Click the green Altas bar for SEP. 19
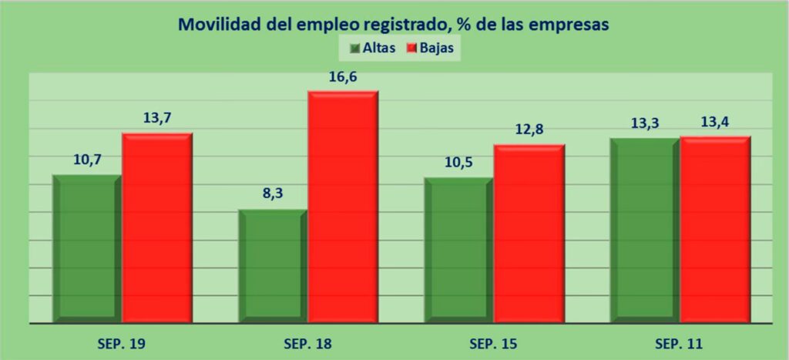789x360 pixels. (x=86, y=247)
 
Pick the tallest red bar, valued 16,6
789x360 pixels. (x=343, y=205)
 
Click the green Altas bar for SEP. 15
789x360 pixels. (x=458, y=248)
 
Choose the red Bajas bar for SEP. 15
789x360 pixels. (x=529, y=231)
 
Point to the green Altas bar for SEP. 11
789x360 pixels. (x=645, y=228)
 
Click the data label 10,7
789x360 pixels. (x=87, y=160)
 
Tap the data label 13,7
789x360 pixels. (x=156, y=119)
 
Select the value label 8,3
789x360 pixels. (x=273, y=194)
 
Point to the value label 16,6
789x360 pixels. (x=344, y=77)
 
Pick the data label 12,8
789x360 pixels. (x=529, y=130)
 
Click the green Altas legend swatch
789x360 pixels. (x=355, y=49)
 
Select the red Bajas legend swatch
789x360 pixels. (x=412, y=49)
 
